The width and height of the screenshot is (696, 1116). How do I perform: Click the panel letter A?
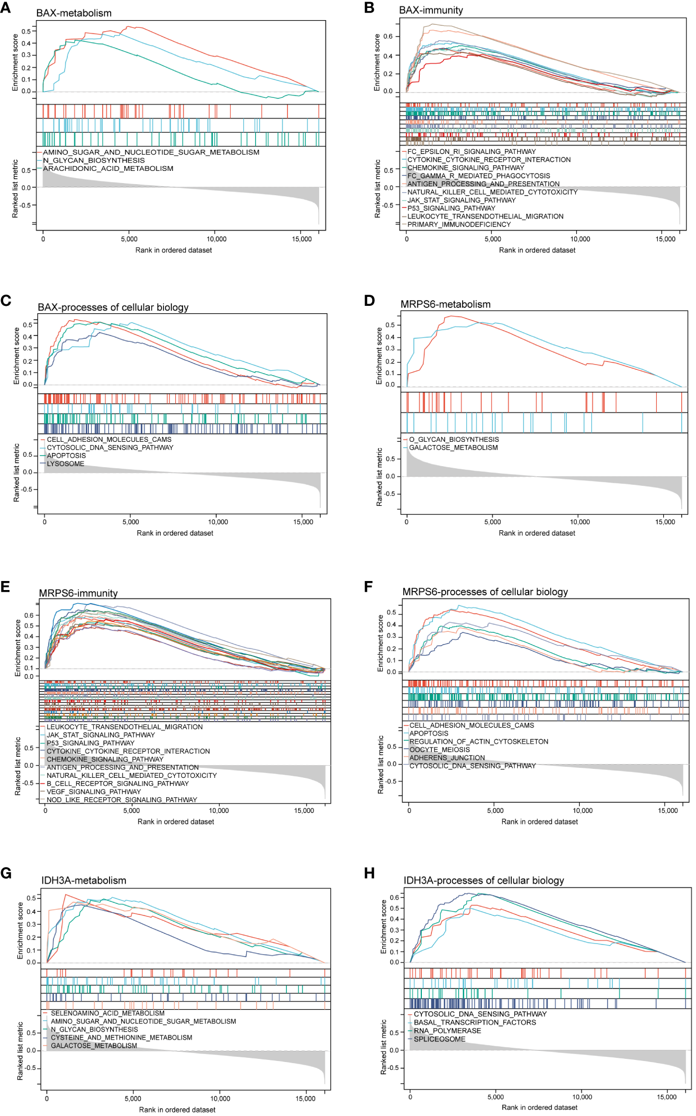pyautogui.click(x=5, y=8)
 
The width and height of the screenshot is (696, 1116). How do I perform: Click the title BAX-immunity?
pyautogui.click(x=431, y=10)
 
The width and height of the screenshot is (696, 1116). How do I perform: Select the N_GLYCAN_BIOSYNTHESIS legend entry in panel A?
pyautogui.click(x=93, y=160)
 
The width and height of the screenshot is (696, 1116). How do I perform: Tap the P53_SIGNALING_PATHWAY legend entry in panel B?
pyautogui.click(x=451, y=208)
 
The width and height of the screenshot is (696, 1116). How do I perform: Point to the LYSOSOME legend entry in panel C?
pyautogui.click(x=65, y=464)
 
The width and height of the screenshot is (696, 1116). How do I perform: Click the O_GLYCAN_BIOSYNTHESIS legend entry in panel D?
pyautogui.click(x=454, y=439)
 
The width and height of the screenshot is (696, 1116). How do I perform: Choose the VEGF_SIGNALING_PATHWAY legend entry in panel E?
pyautogui.click(x=94, y=792)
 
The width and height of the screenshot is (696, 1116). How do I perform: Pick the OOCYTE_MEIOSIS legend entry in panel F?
pyautogui.click(x=439, y=749)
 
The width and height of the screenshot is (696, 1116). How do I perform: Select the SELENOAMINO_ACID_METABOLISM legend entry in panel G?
pyautogui.click(x=107, y=1013)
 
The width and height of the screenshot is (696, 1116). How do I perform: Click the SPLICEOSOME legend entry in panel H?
pyautogui.click(x=439, y=1039)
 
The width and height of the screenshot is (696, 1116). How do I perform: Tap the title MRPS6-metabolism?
pyautogui.click(x=445, y=304)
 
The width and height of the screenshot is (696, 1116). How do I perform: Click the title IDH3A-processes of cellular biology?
pyautogui.click(x=484, y=881)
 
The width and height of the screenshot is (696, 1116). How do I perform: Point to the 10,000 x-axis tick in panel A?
pyautogui.click(x=216, y=239)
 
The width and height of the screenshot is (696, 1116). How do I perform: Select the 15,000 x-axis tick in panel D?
pyautogui.click(x=665, y=522)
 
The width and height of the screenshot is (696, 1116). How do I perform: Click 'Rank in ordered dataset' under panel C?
pyautogui.click(x=175, y=533)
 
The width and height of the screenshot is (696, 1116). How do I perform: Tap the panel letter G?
pyautogui.click(x=6, y=873)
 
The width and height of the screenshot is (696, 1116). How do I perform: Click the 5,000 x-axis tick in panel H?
pyautogui.click(x=495, y=1097)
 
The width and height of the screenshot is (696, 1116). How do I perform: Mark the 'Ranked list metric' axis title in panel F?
pyautogui.click(x=380, y=764)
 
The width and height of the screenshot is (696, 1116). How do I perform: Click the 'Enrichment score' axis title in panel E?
pyautogui.click(x=17, y=648)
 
